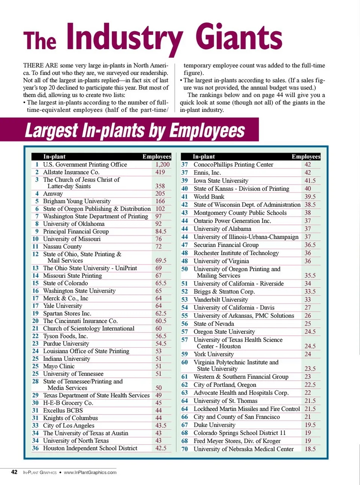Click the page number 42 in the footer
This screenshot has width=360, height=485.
click(x=14, y=472)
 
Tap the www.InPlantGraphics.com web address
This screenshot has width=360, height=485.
click(x=90, y=472)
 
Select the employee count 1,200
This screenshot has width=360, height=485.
click(x=162, y=164)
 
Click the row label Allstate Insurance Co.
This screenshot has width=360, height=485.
click(x=71, y=172)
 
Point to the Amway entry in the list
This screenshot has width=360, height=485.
click(x=53, y=194)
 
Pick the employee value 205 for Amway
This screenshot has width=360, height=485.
click(x=160, y=194)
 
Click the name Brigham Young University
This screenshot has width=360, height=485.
click(x=76, y=201)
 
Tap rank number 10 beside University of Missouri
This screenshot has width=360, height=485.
click(x=35, y=239)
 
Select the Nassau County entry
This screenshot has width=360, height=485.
click(x=62, y=246)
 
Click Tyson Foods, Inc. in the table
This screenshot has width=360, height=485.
click(x=65, y=336)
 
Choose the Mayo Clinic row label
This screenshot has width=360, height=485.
click(x=58, y=366)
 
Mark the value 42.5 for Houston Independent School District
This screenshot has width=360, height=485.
click(x=161, y=448)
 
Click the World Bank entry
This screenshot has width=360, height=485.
click(x=209, y=197)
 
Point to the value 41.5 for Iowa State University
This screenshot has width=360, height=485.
click(x=310, y=180)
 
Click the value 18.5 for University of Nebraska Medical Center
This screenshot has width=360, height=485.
click(x=310, y=449)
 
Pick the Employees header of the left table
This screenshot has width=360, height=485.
click(x=156, y=156)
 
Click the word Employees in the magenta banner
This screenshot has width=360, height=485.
click(x=207, y=131)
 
